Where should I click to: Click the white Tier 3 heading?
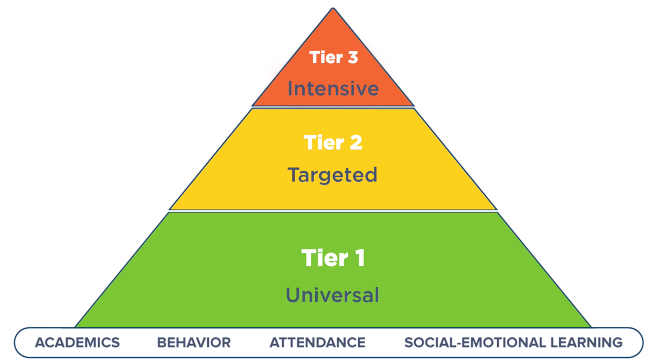pyautogui.click(x=334, y=57)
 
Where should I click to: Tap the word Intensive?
pyautogui.click(x=333, y=89)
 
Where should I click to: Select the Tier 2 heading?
pyautogui.click(x=333, y=142)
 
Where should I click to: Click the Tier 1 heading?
pyautogui.click(x=333, y=258)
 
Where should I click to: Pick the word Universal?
pyautogui.click(x=333, y=295)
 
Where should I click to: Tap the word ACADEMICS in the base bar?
pyautogui.click(x=77, y=343)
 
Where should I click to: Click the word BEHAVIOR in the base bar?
pyautogui.click(x=194, y=343)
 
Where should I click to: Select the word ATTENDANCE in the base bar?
pyautogui.click(x=317, y=343)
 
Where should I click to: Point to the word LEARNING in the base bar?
pyautogui.click(x=586, y=343)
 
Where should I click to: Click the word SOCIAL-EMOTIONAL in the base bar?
pyautogui.click(x=475, y=343)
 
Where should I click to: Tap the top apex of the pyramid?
pyautogui.click(x=333, y=8)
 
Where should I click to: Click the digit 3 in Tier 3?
pyautogui.click(x=353, y=57)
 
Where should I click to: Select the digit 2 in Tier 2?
pyautogui.click(x=356, y=142)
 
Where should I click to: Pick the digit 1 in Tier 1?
pyautogui.click(x=361, y=258)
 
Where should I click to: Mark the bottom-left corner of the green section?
pyautogui.click(x=75, y=327)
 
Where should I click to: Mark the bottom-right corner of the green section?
pyautogui.click(x=591, y=327)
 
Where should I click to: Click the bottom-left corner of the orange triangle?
pyautogui.click(x=252, y=105)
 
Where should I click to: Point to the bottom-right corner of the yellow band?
pyautogui.click(x=497, y=209)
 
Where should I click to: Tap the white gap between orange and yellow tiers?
pyautogui.click(x=333, y=107)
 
